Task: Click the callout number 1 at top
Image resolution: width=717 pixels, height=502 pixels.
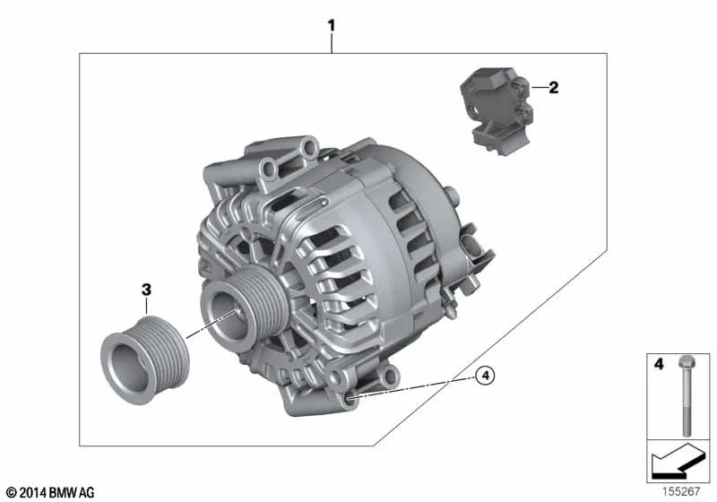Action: click(x=332, y=25)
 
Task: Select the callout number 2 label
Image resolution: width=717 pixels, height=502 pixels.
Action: click(x=553, y=87)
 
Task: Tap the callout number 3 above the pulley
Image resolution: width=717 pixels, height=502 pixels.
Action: click(x=146, y=290)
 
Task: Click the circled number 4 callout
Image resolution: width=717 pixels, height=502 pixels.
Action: click(x=485, y=376)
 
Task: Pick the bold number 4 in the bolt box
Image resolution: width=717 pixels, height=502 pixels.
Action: click(x=659, y=364)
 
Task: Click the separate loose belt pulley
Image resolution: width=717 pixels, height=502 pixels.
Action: click(x=144, y=359)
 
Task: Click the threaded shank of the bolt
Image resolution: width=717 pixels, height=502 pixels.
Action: click(x=686, y=403)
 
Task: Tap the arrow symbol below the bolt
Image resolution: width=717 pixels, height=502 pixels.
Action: click(x=678, y=461)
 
